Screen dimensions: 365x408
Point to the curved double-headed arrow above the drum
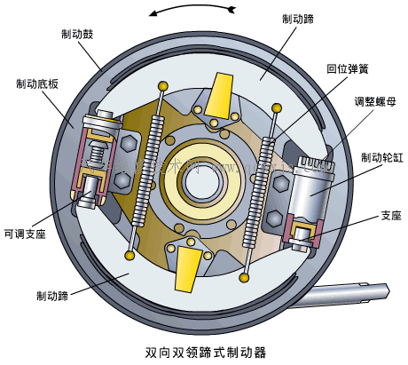coord(194,11)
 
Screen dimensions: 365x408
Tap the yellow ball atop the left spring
coord(162,83)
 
